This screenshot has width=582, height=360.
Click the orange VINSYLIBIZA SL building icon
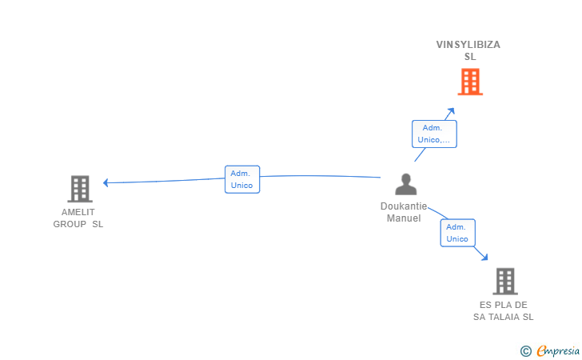point(470,82)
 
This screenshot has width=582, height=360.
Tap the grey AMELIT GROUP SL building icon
point(79,189)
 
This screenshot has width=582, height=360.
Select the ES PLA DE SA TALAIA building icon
point(504,282)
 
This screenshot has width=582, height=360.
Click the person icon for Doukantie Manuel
point(406,185)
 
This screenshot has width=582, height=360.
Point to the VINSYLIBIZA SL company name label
point(468,50)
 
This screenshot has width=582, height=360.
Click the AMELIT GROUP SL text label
point(78,218)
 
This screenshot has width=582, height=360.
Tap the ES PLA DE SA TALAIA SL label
point(504,311)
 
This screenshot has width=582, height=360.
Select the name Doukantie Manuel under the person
point(404,212)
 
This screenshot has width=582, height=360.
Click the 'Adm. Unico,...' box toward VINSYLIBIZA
point(433,134)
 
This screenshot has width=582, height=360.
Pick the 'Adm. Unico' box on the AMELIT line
point(241,179)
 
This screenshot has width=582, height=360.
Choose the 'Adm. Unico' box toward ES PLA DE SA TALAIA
point(457,233)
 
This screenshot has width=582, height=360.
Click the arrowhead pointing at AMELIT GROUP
point(106,182)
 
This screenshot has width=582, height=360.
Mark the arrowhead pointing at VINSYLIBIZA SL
point(452,110)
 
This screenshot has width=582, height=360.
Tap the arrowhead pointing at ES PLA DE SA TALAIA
point(484,257)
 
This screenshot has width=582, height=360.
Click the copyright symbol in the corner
point(525,350)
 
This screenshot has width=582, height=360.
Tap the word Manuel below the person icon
point(404,218)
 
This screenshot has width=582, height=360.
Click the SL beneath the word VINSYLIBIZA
point(470,57)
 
